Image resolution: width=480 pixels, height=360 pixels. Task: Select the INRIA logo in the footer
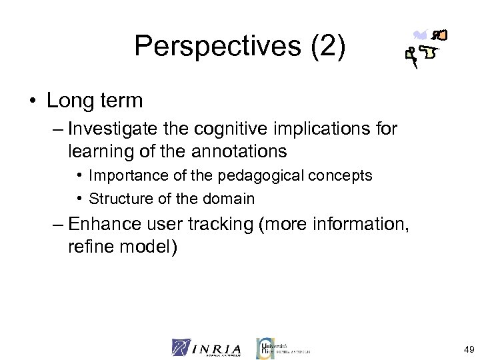click(208, 347)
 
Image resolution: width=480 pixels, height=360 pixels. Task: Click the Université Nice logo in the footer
click(283, 347)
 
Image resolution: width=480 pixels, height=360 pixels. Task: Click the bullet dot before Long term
click(33, 101)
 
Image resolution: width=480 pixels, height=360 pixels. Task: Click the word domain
click(233, 198)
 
